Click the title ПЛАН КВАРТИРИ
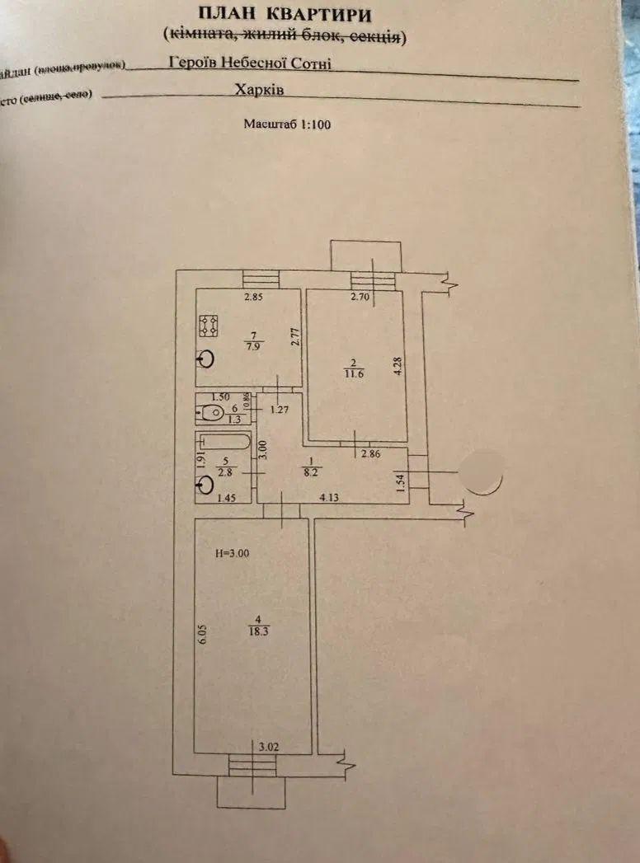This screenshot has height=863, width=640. tap(285, 15)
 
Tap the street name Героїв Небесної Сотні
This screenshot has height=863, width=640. tap(249, 62)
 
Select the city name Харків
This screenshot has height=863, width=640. tap(259, 91)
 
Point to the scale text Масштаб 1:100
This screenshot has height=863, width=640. tap(287, 124)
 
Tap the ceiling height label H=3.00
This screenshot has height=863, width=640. tap(231, 554)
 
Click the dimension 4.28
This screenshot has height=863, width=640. tap(398, 365)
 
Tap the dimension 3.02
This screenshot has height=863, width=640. tap(268, 747)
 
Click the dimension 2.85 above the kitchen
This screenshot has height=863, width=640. tap(252, 298)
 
